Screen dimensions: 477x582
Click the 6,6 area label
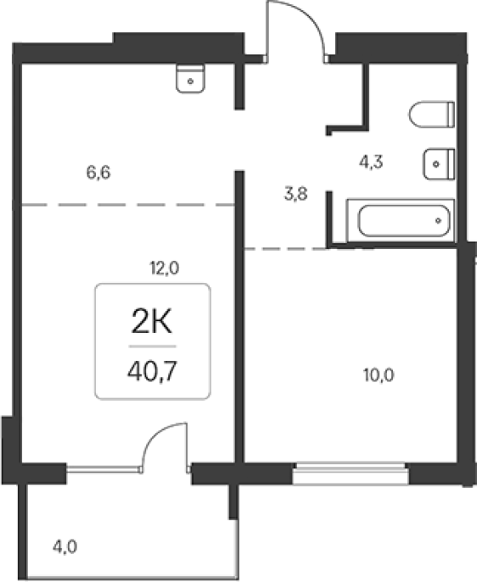click(x=99, y=172)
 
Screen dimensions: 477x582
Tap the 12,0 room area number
click(x=164, y=268)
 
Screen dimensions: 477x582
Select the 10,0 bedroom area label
click(x=378, y=376)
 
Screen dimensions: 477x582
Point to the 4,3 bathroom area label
click(x=371, y=161)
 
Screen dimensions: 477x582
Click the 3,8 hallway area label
click(x=296, y=194)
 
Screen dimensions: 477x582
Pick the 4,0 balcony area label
click(x=65, y=547)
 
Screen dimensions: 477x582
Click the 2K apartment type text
click(x=151, y=322)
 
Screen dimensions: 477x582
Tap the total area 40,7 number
click(x=152, y=371)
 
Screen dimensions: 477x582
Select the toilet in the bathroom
click(x=432, y=115)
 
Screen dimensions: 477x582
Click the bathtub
click(x=400, y=221)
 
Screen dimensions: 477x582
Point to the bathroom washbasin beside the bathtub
click(x=439, y=164)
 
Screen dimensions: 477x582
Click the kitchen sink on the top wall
click(x=190, y=79)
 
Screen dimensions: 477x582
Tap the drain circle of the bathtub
click(x=439, y=221)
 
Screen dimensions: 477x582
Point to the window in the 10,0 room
click(x=350, y=473)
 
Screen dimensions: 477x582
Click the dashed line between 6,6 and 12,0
click(x=128, y=205)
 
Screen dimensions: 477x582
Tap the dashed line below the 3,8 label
click(x=309, y=249)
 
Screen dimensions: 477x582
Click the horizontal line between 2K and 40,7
click(x=152, y=347)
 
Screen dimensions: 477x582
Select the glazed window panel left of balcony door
click(x=104, y=470)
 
